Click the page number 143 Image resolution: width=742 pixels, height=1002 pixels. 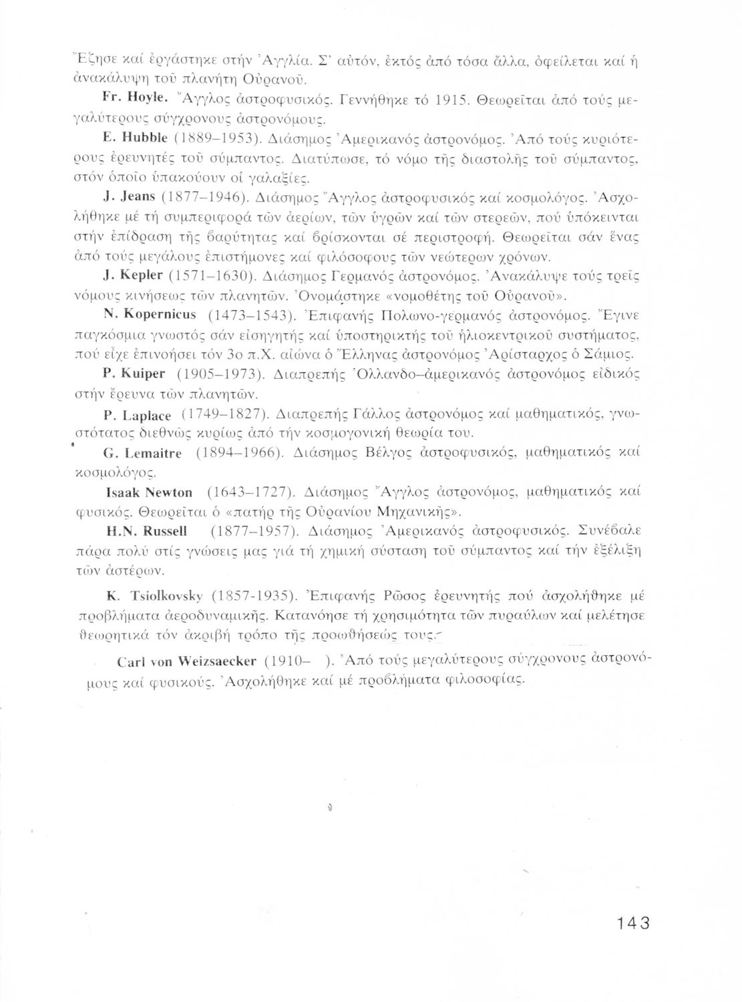pos(634,923)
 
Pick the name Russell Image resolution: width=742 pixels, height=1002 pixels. pos(164,532)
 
